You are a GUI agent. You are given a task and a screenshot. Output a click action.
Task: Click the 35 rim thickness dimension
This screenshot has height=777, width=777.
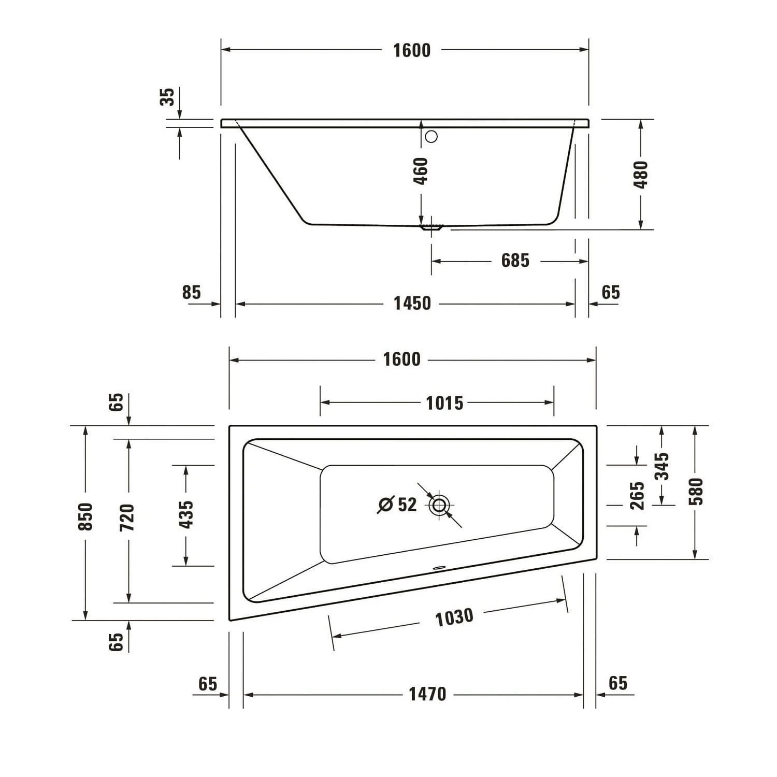[167, 97]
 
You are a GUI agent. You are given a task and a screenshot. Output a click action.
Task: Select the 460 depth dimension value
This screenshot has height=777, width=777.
[421, 171]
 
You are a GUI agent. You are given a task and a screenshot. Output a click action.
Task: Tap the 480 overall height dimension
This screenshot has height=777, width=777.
[641, 175]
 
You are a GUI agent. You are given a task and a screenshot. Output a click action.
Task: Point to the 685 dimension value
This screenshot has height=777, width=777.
[515, 261]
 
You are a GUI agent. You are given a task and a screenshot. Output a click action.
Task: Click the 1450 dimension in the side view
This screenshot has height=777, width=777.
[412, 304]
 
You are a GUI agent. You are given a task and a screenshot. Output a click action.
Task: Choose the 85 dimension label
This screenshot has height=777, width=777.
[191, 293]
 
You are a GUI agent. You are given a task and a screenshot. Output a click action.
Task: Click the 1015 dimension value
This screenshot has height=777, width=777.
[444, 403]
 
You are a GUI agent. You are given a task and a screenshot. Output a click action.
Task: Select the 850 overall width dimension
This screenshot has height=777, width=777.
[85, 516]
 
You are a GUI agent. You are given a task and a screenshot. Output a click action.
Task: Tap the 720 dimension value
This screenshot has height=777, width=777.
[127, 517]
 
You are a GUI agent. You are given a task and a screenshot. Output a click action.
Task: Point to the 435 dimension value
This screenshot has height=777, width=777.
[186, 514]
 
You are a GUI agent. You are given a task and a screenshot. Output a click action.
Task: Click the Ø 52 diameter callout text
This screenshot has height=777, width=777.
[398, 504]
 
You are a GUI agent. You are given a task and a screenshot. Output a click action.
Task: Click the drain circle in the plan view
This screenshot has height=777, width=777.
[439, 505]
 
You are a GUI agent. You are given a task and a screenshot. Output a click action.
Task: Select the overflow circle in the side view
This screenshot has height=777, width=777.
[431, 137]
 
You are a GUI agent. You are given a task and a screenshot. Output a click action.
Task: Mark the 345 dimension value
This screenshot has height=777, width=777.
[661, 466]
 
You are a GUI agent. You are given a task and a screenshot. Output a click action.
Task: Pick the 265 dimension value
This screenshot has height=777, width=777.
[637, 496]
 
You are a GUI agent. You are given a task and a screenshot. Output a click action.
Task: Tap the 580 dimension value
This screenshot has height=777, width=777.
[696, 492]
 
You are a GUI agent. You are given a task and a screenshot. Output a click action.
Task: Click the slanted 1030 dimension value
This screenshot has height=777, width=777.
[454, 617]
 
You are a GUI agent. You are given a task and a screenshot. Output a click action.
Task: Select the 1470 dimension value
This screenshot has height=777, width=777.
[427, 694]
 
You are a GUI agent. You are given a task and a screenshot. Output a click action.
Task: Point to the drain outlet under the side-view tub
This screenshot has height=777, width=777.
[431, 227]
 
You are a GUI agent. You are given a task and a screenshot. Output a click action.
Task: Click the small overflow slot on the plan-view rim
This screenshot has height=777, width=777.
[440, 567]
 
